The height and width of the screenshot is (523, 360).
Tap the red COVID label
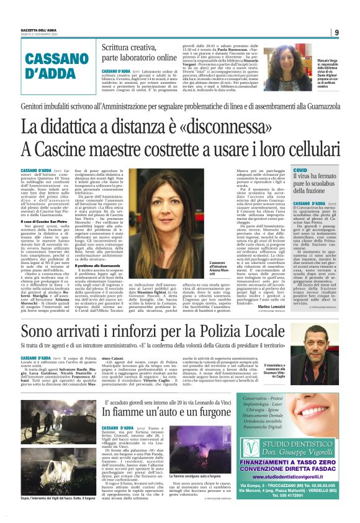pos(300,170)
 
